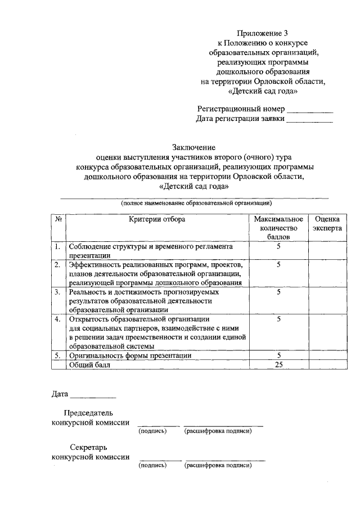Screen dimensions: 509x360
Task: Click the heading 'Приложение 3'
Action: tap(263, 33)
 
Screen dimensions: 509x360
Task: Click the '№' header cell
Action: tap(58, 219)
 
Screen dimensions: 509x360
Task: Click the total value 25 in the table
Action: tap(278, 364)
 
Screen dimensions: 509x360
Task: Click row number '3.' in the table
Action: tap(58, 292)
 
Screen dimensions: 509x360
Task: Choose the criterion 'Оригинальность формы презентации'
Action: tap(130, 355)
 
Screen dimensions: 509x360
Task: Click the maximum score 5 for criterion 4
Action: tap(278, 319)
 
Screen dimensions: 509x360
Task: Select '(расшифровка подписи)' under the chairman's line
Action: tap(217, 431)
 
